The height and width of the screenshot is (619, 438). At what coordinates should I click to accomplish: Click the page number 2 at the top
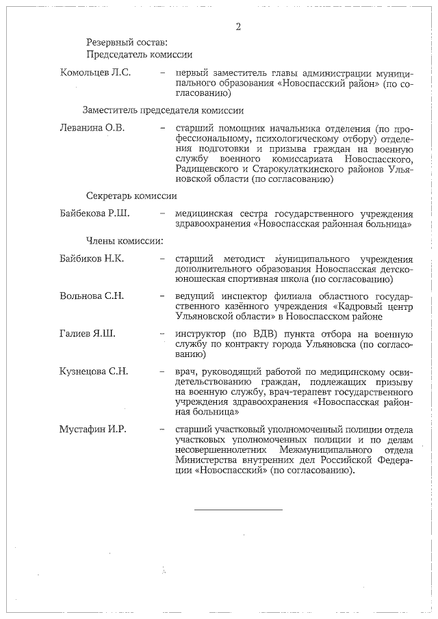point(237,27)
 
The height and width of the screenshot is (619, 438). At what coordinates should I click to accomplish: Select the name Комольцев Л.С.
point(96,73)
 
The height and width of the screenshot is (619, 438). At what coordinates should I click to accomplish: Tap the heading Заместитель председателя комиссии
point(164,109)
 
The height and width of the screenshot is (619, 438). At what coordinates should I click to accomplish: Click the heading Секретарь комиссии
point(131,195)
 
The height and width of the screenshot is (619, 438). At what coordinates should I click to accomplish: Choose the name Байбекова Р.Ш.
point(95,213)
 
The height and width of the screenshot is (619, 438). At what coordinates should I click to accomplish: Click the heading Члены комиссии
point(125,241)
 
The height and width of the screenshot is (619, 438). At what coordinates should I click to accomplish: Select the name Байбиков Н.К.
point(92,259)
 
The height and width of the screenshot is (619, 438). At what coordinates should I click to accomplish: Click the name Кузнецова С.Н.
point(94,371)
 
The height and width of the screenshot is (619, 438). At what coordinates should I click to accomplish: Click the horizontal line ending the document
point(237,510)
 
